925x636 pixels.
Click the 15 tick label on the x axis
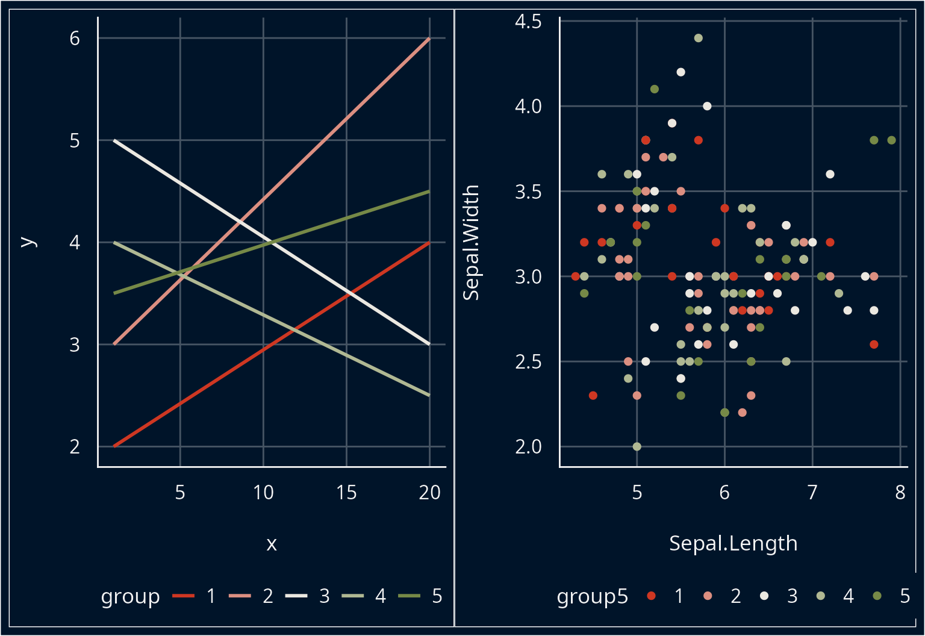click(x=346, y=493)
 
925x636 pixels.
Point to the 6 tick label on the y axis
click(x=75, y=39)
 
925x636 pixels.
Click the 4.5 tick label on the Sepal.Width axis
click(x=528, y=22)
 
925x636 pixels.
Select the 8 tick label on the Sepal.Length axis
click(x=900, y=493)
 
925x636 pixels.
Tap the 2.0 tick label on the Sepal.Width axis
click(x=528, y=447)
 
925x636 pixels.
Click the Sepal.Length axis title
click(x=733, y=543)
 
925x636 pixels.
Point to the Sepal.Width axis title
click(x=471, y=242)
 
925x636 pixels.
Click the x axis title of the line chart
click(x=272, y=544)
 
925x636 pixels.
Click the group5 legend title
click(x=592, y=596)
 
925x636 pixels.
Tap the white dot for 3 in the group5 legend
click(x=764, y=596)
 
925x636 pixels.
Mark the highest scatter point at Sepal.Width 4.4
click(x=699, y=38)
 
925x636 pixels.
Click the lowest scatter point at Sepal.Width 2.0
click(x=637, y=446)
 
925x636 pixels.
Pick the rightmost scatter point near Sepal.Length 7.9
click(x=891, y=140)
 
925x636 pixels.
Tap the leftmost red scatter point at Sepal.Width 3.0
click(x=575, y=276)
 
